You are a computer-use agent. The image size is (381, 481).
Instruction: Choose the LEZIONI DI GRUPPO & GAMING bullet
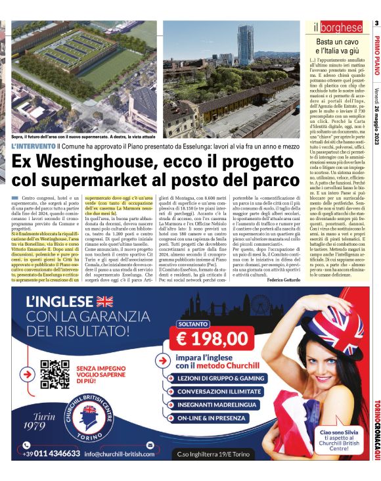[225, 378]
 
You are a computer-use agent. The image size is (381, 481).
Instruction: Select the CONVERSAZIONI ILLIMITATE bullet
[225, 391]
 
